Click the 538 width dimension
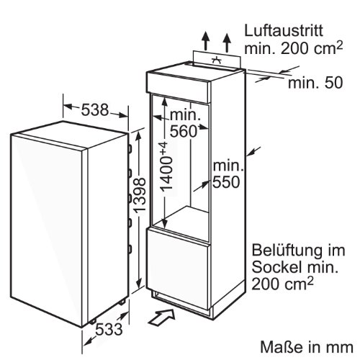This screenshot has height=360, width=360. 95,110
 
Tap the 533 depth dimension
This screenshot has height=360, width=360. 109,329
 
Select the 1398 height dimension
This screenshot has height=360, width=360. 139,195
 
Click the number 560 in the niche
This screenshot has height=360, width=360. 184,132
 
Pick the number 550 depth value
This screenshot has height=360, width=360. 226,181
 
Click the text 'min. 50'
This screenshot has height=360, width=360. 315,83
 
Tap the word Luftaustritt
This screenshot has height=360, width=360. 284,30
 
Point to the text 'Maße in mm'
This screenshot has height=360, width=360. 307,347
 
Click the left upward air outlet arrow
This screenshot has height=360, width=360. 206,41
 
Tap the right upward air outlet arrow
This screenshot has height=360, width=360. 226,42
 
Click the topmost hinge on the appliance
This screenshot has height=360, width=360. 130,149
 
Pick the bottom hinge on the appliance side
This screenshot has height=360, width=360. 130,249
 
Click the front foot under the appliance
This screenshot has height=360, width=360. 93,322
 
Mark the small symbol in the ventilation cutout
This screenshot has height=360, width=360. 217,60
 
